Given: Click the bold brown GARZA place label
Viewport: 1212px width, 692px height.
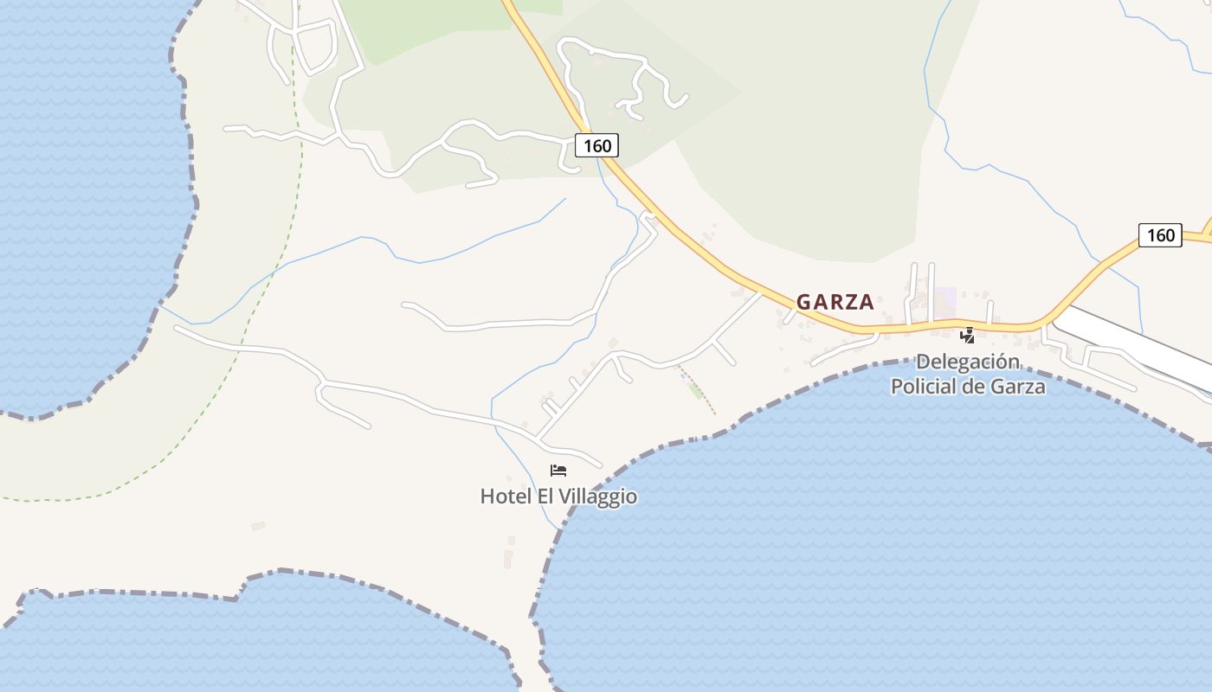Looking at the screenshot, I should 835,303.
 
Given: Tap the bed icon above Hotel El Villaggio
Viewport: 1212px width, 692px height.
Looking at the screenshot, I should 558,471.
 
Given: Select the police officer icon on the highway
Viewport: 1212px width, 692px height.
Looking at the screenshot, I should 967,336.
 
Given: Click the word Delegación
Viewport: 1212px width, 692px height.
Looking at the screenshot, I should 968,362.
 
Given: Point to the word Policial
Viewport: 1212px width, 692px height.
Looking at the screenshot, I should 924,387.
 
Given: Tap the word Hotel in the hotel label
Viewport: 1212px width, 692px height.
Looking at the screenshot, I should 506,497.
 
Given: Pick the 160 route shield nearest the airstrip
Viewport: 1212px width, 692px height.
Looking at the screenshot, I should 1160,235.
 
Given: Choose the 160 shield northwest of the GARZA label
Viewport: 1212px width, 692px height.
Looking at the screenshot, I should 597,145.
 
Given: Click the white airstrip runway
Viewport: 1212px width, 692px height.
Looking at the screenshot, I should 1134,346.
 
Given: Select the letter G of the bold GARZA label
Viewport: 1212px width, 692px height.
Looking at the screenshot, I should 804,303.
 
